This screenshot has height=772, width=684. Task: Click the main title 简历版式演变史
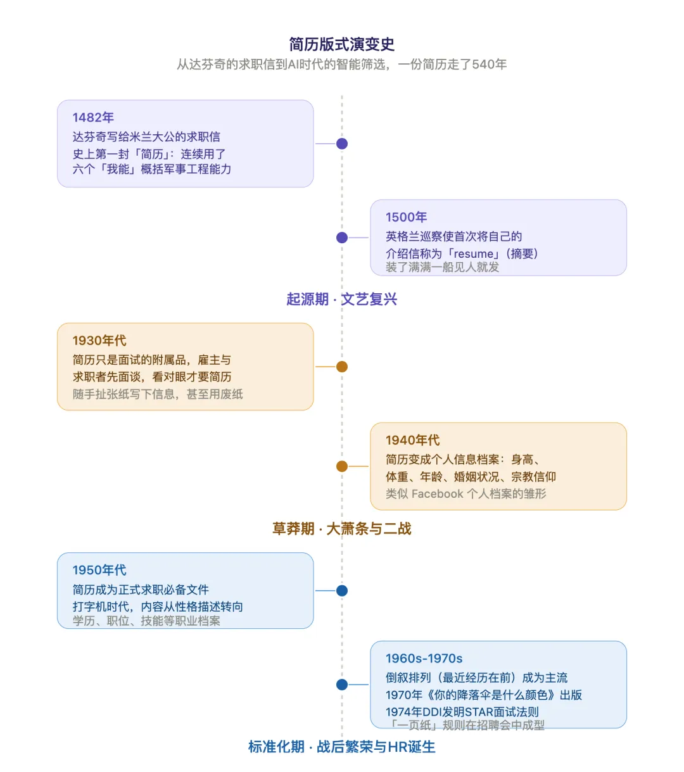point(342,44)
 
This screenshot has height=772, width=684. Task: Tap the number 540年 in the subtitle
point(490,65)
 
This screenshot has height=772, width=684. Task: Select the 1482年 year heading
point(93,117)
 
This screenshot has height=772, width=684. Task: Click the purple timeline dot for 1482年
point(342,144)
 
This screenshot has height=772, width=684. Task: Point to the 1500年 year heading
point(406,217)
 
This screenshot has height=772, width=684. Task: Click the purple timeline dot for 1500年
point(342,237)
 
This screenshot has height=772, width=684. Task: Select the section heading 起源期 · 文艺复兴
point(342,299)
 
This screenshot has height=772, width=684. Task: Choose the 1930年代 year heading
point(99,341)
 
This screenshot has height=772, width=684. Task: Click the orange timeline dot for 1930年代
point(342,367)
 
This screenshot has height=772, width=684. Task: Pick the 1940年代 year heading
point(413,440)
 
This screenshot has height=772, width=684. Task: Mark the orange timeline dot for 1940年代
point(342,466)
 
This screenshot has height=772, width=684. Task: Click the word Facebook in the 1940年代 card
point(438,494)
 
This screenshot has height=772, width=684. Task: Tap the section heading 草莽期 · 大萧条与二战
point(342,529)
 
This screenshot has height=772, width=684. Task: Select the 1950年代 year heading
point(99,570)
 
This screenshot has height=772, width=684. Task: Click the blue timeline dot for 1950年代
point(342,591)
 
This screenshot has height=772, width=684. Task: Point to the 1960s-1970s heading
point(424,659)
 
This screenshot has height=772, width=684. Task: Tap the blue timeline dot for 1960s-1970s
point(342,685)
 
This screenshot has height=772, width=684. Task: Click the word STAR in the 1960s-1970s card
point(479,712)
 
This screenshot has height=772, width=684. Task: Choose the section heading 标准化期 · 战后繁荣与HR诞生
point(342,747)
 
